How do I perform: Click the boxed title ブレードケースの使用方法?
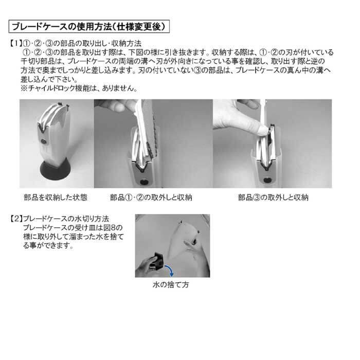(x=89, y=27)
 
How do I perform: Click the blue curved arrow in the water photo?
(x=170, y=269)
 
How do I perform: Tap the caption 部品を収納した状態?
(x=56, y=197)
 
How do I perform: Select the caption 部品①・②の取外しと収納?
(x=151, y=197)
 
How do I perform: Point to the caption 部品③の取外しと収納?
(x=273, y=197)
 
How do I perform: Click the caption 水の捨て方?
(x=171, y=285)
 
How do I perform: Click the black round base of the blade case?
(x=56, y=170)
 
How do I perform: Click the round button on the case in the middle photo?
(x=144, y=182)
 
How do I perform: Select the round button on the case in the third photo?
(x=267, y=180)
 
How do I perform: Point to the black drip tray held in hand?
(x=157, y=261)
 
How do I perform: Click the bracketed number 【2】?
(x=16, y=219)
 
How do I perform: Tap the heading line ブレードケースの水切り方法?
(x=66, y=219)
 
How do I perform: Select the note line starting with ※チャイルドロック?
(x=79, y=88)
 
